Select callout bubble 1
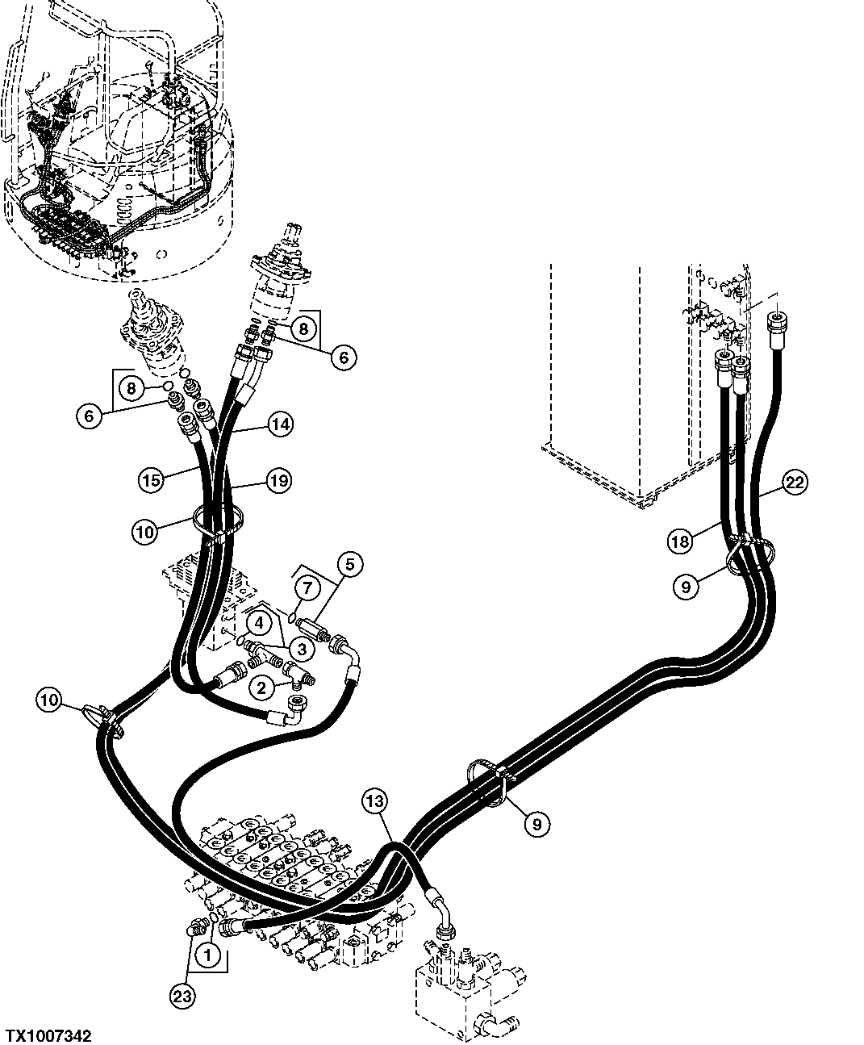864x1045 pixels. [x=207, y=955]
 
